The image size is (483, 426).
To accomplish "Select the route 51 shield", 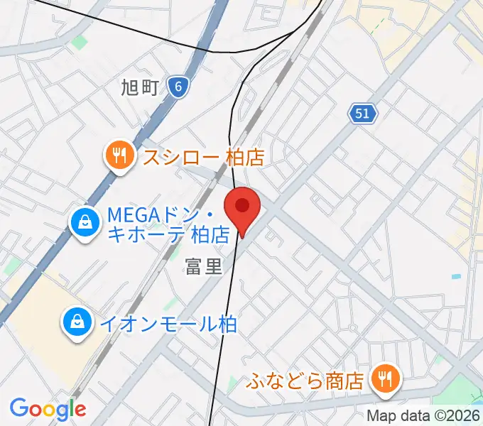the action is pos(363,112).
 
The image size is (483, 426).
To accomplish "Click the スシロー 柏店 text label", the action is pos(203,155).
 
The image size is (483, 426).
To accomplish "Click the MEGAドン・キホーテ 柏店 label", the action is pos(168,223).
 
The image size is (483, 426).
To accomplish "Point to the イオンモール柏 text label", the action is pos(168,324).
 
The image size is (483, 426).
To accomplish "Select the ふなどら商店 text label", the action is pos(305,381).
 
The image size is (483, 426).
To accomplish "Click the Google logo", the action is pos(48,409).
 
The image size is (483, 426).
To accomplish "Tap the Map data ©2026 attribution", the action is pos(423,416).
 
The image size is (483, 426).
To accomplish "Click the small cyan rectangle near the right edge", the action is pos(455,276).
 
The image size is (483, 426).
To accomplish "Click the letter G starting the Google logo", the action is pos(18,408).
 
